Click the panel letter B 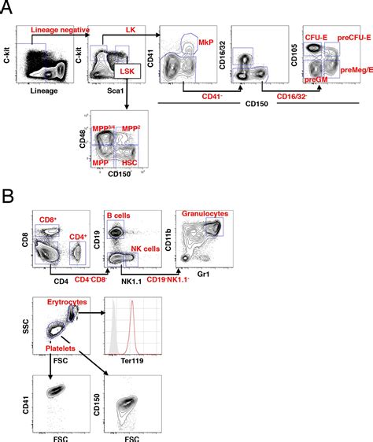pos(7,194)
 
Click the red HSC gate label pos(124,163)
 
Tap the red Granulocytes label pos(205,214)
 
